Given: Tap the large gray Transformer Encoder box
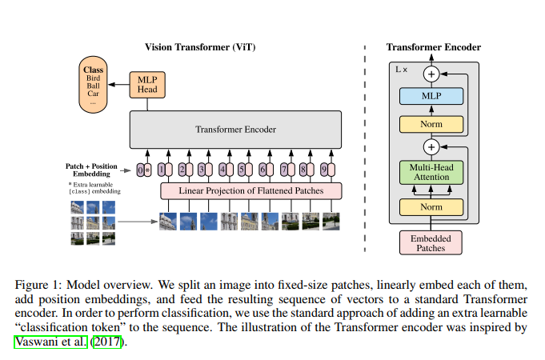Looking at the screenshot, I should coord(235,129).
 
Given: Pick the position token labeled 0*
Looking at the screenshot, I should coord(144,170).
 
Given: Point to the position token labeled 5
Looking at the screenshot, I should coord(242,170).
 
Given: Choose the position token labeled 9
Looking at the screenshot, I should coord(325,170).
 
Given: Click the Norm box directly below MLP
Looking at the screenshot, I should coord(431,124).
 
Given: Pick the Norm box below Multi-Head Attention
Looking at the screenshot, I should coord(431,206).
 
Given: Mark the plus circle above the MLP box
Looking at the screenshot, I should coord(431,74).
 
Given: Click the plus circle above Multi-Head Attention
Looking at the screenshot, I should coord(431,146).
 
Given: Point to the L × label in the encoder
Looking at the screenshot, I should coord(402,70).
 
